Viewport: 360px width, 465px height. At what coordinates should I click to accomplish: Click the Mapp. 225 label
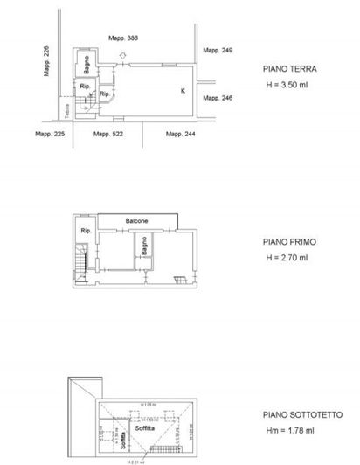50,134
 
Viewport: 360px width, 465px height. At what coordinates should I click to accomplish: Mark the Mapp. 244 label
179,134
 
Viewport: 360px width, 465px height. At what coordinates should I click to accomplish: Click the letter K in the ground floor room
183,90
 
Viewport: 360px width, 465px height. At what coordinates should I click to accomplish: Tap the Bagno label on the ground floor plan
88,66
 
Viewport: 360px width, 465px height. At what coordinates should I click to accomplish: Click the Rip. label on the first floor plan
87,231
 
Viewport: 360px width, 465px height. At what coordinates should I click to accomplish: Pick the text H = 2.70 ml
286,258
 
